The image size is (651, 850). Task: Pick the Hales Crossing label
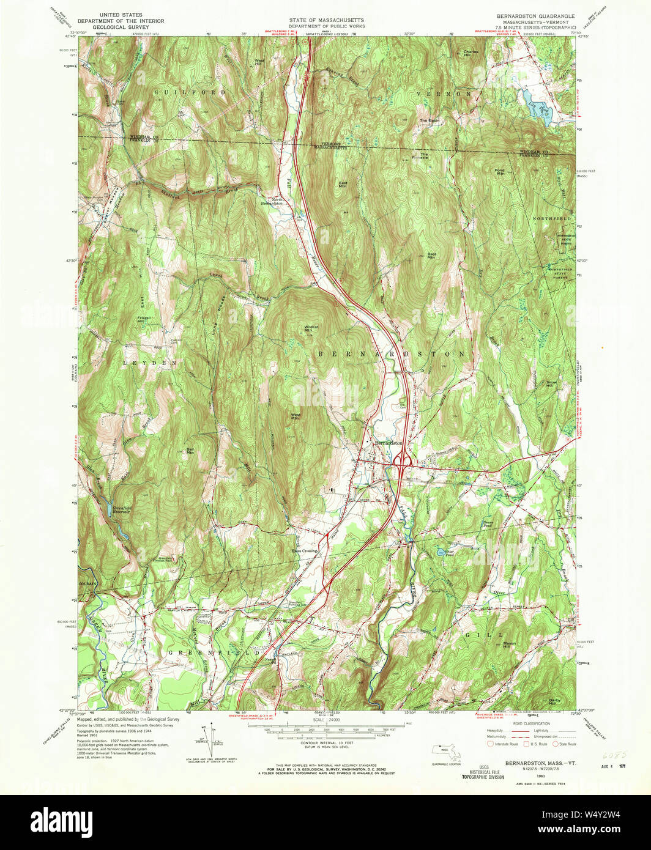tap(303, 550)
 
